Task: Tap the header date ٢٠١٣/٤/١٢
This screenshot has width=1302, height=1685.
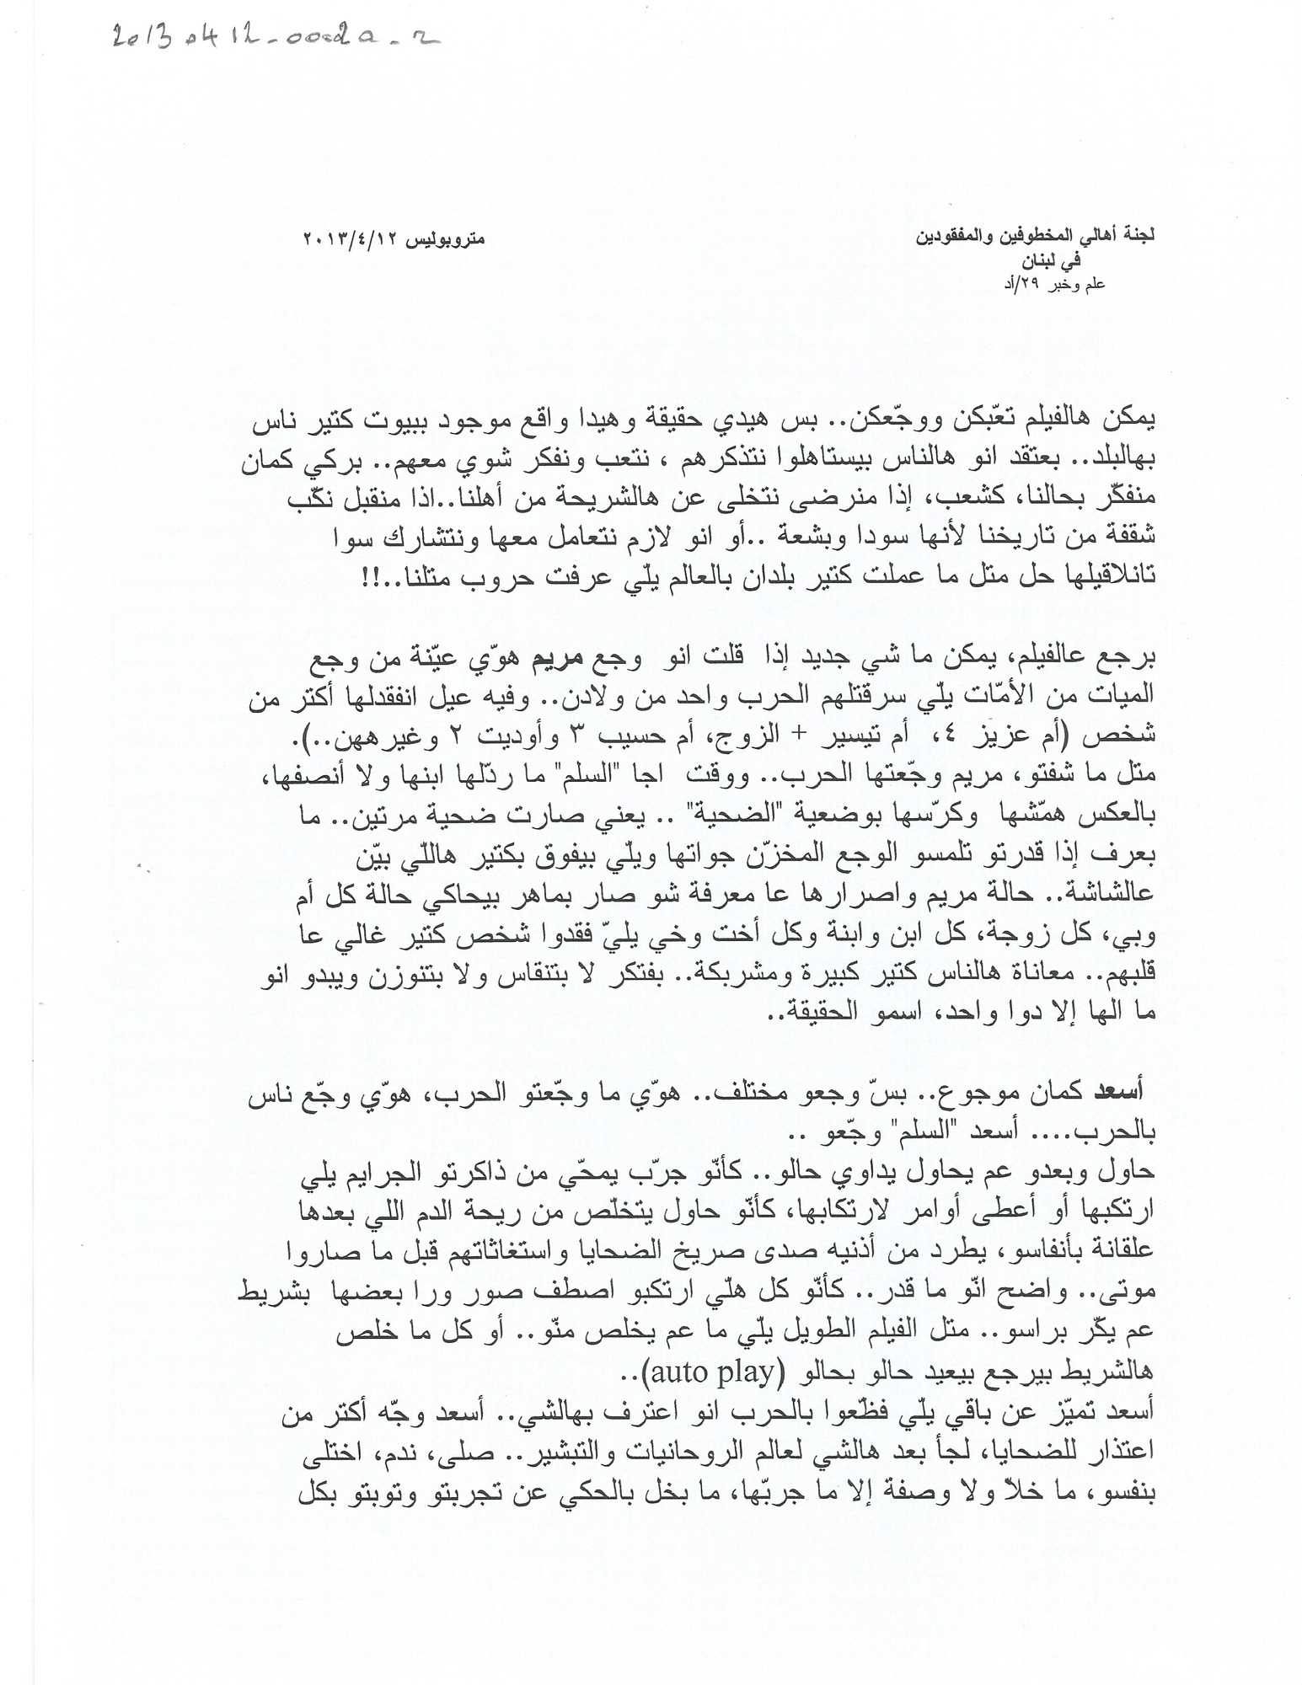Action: click(x=342, y=239)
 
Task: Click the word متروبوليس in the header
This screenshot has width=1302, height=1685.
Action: click(x=443, y=239)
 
